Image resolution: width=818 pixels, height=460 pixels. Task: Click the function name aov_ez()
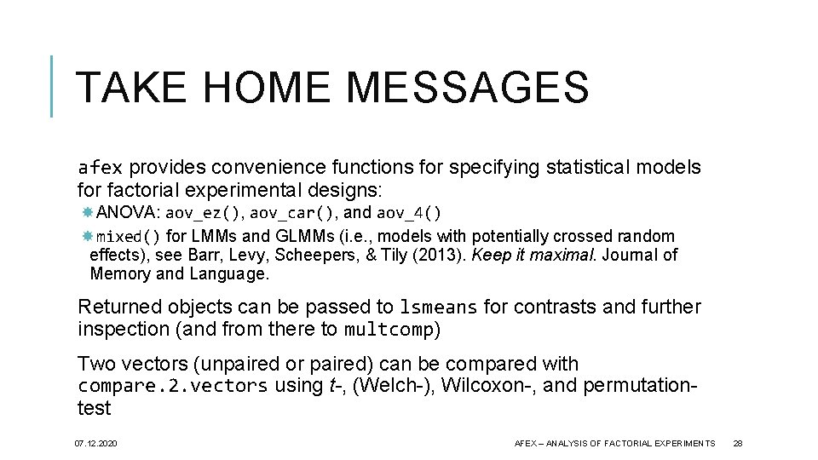204,213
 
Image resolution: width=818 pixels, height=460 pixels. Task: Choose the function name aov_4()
409,213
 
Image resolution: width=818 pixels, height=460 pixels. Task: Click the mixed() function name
128,237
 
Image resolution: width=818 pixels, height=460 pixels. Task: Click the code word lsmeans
441,308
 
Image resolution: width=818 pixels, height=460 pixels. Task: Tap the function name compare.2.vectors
172,386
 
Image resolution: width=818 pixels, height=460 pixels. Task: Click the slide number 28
738,444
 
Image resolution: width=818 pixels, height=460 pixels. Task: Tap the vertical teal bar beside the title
53,86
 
